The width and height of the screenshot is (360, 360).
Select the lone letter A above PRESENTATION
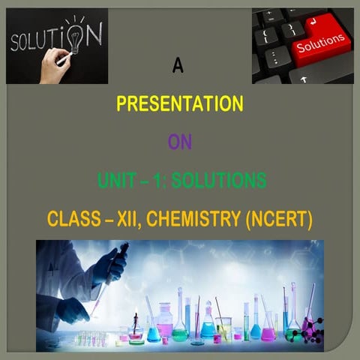pyautogui.click(x=178, y=67)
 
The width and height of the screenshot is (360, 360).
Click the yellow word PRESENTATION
pyautogui.click(x=180, y=103)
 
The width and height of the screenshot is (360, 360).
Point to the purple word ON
pyautogui.click(x=180, y=142)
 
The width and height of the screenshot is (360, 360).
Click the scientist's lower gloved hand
pyautogui.click(x=72, y=308)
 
